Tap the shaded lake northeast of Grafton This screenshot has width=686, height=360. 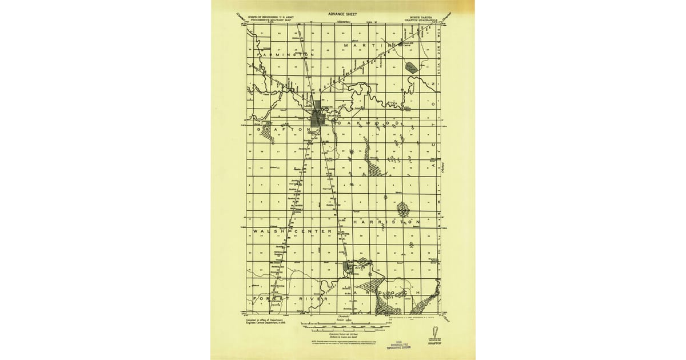(411, 68)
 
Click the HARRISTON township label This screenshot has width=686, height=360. (386, 221)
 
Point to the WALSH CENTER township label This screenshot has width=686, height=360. (292, 231)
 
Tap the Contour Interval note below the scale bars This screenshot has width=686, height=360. (343, 333)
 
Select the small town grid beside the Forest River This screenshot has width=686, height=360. (348, 267)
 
